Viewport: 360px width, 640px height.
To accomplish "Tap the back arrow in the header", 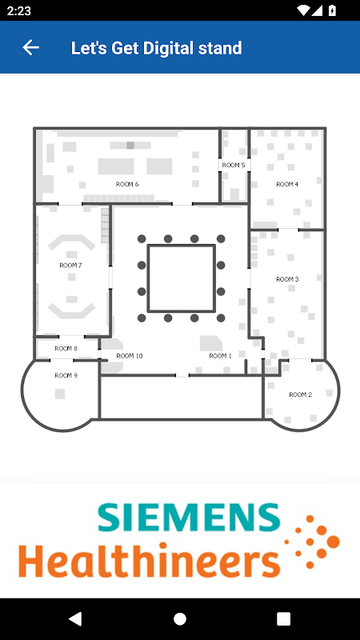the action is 30,48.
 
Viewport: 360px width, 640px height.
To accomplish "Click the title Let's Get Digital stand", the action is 156,48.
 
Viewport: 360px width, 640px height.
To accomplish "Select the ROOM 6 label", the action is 127,184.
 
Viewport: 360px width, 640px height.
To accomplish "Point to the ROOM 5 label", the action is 234,166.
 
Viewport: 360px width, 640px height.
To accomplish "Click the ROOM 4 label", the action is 287,185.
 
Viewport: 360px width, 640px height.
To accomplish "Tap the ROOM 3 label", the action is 287,279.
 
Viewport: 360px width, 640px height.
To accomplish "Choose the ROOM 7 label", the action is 70,266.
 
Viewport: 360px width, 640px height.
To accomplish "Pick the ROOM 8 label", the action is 66,349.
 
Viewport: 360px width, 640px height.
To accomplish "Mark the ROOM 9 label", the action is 66,375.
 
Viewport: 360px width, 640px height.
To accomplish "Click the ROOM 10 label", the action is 130,356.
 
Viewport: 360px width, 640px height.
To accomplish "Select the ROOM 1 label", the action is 221,356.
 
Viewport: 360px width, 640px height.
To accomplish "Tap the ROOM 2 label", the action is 301,394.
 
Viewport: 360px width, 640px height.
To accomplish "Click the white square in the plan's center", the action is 182,278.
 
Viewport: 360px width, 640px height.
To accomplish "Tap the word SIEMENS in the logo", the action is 189,517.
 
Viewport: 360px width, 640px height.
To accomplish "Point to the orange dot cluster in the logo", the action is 312,542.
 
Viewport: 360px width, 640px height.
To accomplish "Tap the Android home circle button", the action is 180,618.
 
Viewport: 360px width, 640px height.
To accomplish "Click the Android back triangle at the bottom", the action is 75,618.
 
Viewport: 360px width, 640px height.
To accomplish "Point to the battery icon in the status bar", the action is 332,10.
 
